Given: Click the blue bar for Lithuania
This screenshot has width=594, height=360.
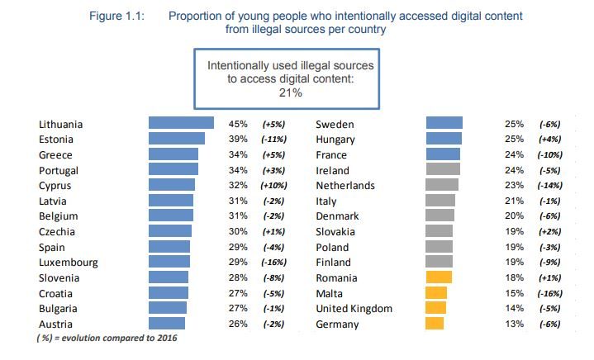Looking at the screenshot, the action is click(x=181, y=123).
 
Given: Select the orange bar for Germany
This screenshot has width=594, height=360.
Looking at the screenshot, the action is click(x=435, y=324).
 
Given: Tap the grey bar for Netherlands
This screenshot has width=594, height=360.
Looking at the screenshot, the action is click(x=442, y=185).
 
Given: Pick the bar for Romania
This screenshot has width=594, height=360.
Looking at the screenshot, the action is click(x=439, y=277).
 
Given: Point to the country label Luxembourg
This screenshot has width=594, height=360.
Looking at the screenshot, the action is click(x=69, y=263).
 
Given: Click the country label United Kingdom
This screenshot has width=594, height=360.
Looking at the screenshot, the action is click(x=354, y=309).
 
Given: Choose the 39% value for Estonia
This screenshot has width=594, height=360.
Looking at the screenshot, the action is click(x=238, y=139).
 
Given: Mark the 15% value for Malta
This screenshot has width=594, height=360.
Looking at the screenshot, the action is click(x=514, y=293).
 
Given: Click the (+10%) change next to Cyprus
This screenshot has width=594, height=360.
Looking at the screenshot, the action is click(x=273, y=186).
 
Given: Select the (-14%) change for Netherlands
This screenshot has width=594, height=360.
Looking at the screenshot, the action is click(x=549, y=186).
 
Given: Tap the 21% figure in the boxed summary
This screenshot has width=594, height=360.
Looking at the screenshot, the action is click(x=291, y=92).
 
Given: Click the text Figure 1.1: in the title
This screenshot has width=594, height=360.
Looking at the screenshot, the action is click(x=116, y=17).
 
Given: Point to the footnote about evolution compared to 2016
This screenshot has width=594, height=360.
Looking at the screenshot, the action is click(x=107, y=338).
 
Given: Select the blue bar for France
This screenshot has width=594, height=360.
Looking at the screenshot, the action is click(x=443, y=154).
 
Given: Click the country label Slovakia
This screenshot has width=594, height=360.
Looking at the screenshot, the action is click(x=335, y=232).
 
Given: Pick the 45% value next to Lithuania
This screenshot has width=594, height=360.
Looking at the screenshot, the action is click(x=238, y=124).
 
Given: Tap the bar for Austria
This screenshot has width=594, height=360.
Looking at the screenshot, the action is click(x=167, y=324).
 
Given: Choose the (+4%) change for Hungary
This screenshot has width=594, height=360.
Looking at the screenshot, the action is click(x=549, y=140).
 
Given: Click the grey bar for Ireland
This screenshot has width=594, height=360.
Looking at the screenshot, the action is click(x=443, y=168).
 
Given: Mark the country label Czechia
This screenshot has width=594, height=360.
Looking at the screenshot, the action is click(x=57, y=232).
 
